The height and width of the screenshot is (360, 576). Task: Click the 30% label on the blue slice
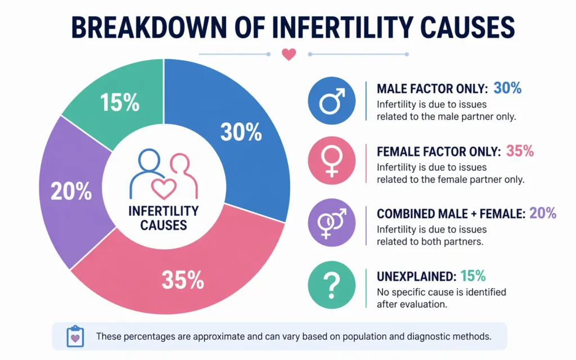click(241, 132)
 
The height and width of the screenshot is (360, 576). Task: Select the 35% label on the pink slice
click(183, 280)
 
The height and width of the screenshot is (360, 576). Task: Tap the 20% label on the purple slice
click(71, 192)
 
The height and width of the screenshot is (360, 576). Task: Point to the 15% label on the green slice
click(119, 103)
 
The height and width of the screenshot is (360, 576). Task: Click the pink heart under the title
click(289, 55)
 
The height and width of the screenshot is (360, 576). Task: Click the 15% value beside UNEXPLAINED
click(472, 276)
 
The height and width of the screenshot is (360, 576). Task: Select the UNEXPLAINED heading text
click(416, 276)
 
